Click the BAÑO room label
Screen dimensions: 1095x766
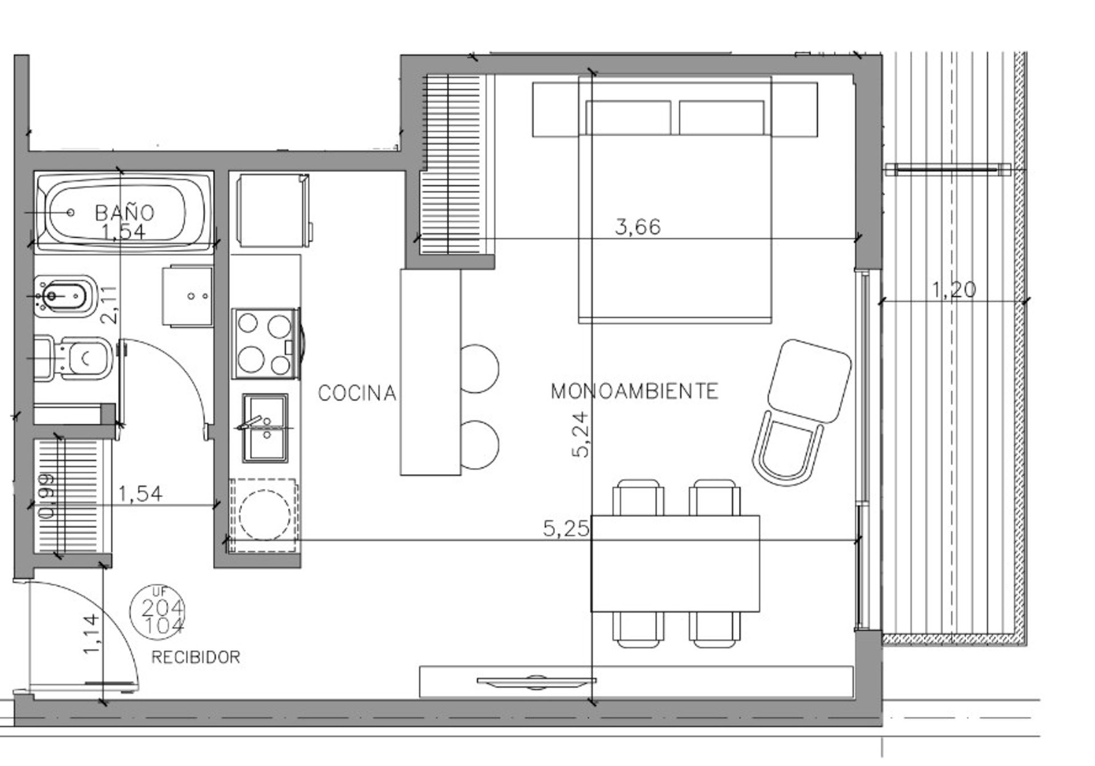coord(124,213)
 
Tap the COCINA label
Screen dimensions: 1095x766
coord(357,393)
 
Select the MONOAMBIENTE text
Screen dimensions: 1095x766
coord(634,391)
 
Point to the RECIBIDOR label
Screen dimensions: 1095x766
coord(196,658)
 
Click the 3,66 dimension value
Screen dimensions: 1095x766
coord(638,227)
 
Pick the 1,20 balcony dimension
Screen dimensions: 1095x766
coord(954,290)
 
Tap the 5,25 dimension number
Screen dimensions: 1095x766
coord(566,529)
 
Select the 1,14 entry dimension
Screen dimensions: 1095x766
coord(92,634)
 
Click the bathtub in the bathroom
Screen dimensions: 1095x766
coord(123,212)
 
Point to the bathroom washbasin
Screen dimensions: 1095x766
coord(188,297)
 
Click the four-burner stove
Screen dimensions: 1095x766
coord(265,343)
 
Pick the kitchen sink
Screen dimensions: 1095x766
coord(265,427)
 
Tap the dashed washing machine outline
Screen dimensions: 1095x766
coord(263,516)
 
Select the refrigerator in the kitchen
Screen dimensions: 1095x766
coord(273,211)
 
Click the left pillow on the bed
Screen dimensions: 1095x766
coord(628,117)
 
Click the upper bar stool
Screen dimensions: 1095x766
coord(478,368)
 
